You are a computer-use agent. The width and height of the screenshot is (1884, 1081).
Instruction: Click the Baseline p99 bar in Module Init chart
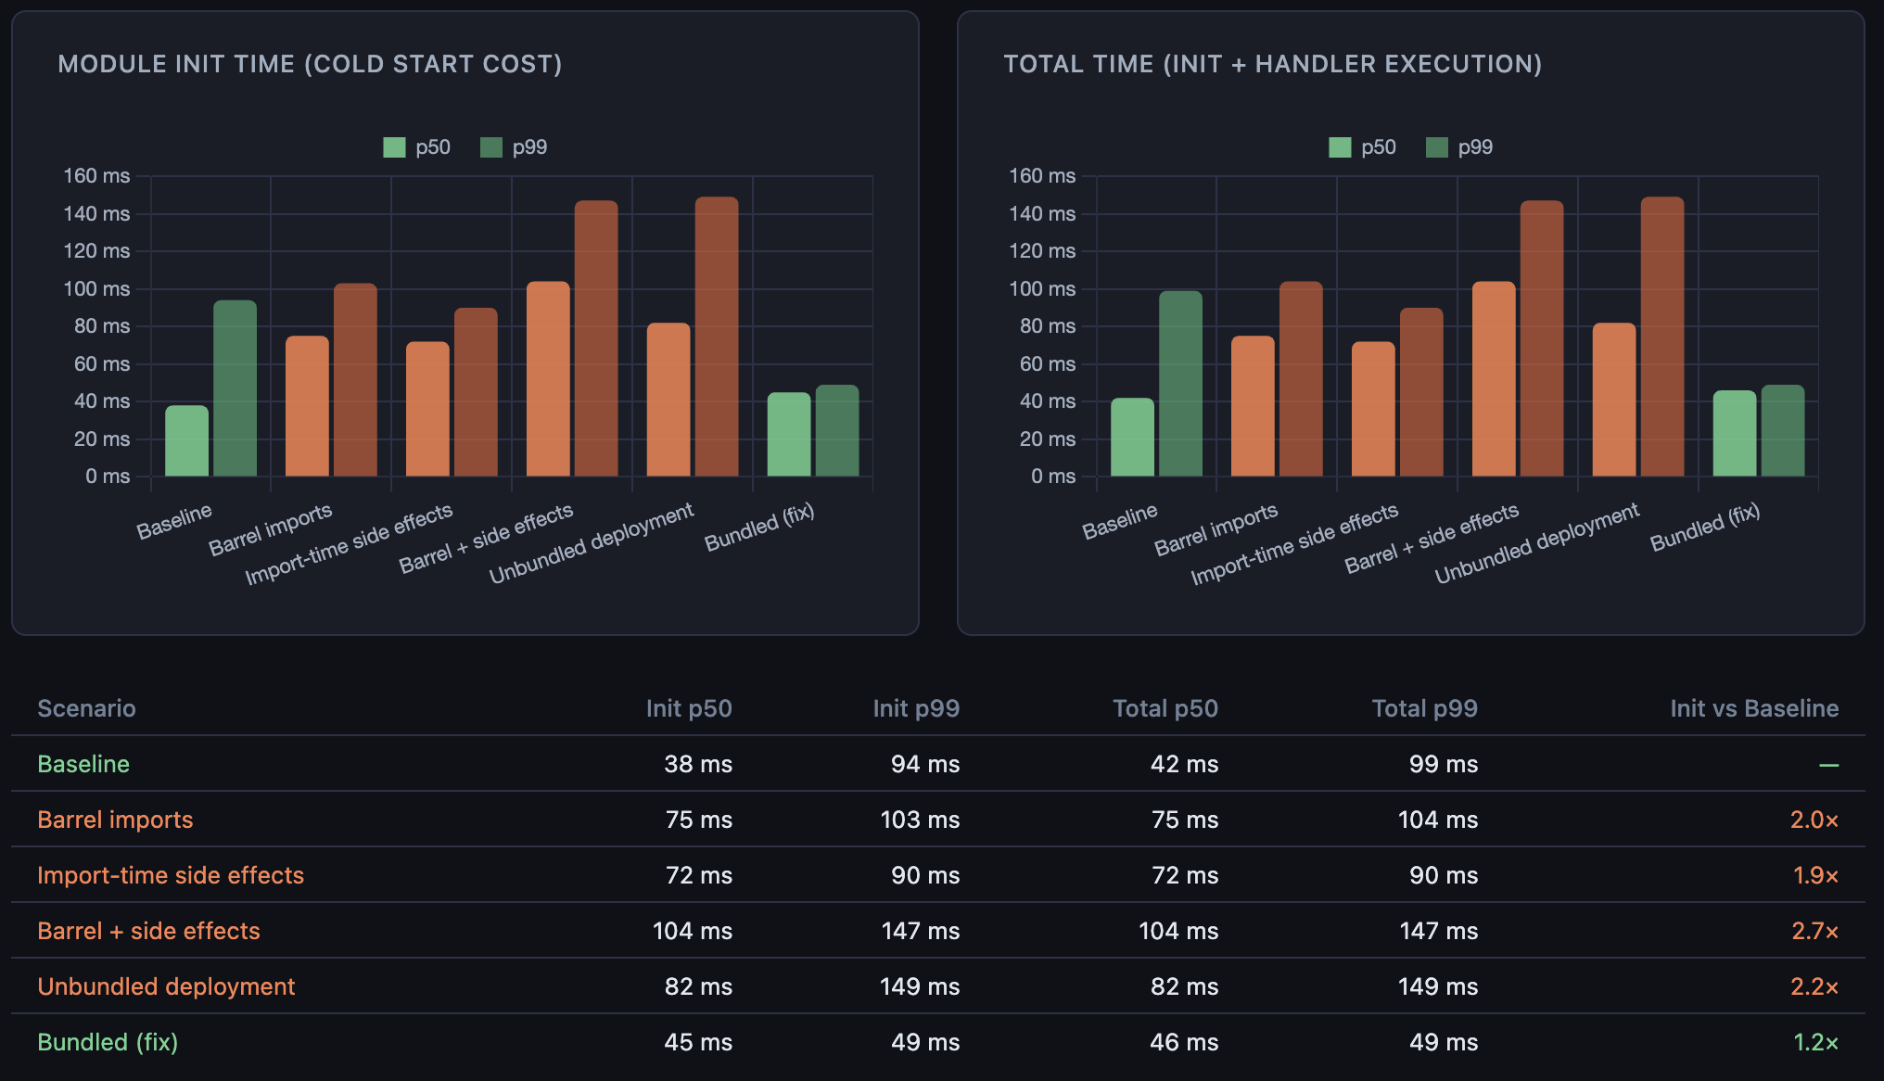pos(235,388)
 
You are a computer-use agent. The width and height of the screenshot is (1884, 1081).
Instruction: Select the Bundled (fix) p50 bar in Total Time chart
pos(1735,434)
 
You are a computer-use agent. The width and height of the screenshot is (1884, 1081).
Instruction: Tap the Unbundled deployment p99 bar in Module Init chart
pos(717,337)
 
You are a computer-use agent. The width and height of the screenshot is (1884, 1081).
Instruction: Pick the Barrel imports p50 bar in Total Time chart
pos(1253,406)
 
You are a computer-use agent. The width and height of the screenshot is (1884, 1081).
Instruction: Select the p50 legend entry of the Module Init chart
pos(417,147)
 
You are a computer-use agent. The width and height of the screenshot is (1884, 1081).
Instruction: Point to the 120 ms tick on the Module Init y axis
pos(96,251)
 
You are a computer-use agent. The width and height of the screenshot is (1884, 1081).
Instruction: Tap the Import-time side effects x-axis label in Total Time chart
pos(1294,545)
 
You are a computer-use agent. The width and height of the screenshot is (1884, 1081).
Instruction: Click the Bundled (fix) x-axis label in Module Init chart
pos(759,527)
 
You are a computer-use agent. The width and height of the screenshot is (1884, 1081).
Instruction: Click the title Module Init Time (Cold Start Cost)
pos(310,64)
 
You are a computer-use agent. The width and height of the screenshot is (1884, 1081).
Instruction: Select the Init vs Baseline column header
pos(1753,708)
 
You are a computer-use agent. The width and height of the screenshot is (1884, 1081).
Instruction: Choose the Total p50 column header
pos(1165,708)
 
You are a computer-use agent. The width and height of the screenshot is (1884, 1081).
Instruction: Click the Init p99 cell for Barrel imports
pos(919,820)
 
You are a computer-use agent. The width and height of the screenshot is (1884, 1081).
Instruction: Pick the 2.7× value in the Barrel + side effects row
pos(1814,931)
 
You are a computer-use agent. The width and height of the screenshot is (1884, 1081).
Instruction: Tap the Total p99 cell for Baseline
pos(1443,764)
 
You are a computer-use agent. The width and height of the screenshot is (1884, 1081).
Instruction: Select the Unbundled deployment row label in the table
pos(166,986)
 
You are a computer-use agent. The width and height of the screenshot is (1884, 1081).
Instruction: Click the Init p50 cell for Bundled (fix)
pos(697,1042)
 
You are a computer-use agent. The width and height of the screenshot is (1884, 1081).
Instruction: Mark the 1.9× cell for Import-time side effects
pos(1814,875)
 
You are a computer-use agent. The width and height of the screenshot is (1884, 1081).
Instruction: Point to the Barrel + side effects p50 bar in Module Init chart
pos(548,379)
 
